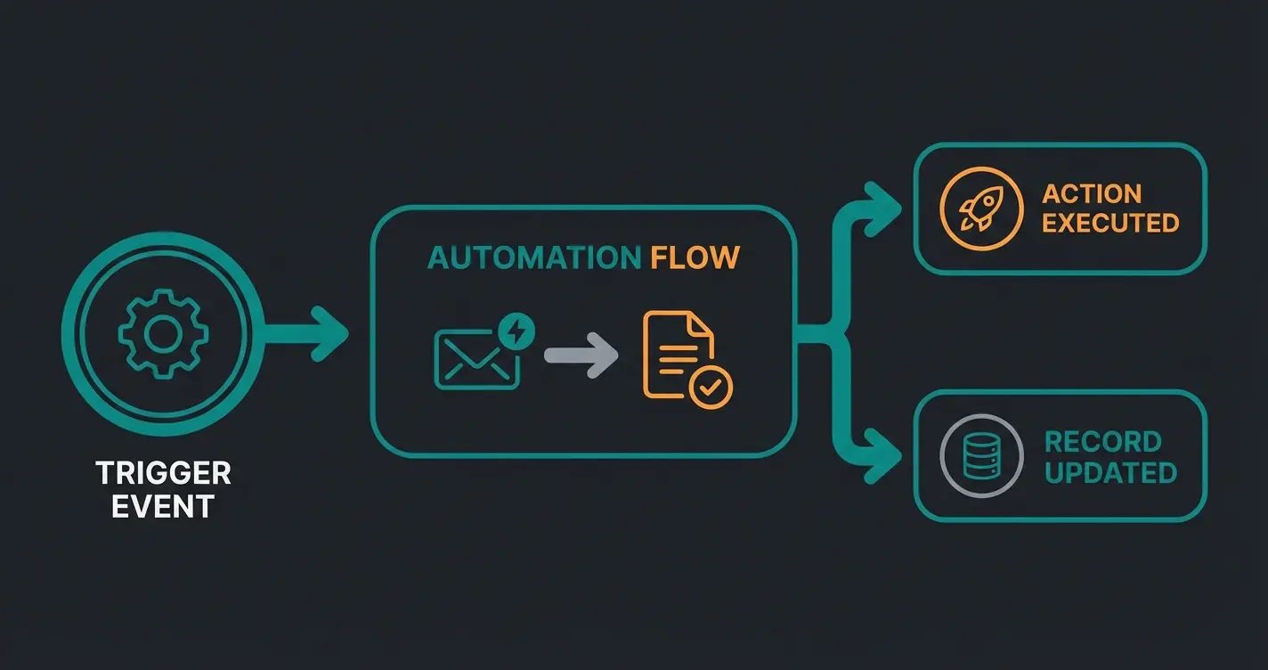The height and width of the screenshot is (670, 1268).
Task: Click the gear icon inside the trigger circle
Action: [x=163, y=333]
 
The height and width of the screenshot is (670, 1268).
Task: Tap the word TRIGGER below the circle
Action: [x=163, y=472]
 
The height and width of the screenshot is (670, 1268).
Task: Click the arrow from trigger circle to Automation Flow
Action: [x=307, y=334]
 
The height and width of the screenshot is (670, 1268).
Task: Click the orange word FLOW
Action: [x=695, y=258]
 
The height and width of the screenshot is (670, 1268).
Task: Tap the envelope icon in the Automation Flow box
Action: [x=476, y=359]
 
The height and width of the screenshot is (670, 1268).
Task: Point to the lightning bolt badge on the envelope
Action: [x=516, y=331]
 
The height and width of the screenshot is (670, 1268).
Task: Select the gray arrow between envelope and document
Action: [x=581, y=356]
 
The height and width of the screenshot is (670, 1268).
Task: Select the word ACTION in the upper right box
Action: [x=1091, y=193]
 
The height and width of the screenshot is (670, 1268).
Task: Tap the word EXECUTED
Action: [x=1110, y=223]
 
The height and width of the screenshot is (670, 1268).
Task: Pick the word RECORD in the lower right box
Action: [x=1102, y=442]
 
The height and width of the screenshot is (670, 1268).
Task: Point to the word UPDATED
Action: [x=1110, y=472]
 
